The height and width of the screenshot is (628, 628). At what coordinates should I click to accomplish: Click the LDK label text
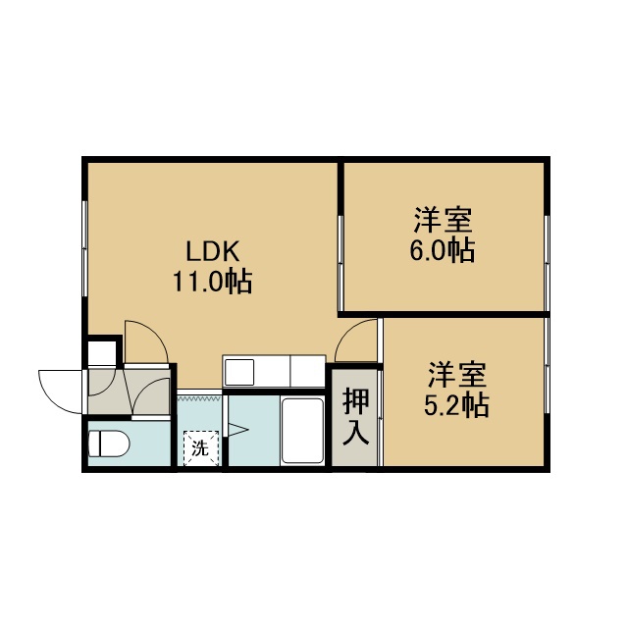(x=213, y=251)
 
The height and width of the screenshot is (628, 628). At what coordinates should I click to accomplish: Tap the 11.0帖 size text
(x=212, y=282)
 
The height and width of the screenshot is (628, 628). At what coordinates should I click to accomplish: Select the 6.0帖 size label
(x=443, y=251)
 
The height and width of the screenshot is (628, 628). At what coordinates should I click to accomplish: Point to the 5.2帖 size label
(x=456, y=405)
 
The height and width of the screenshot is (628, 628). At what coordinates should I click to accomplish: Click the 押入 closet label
(x=355, y=416)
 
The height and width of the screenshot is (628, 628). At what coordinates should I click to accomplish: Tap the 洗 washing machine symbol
(x=200, y=448)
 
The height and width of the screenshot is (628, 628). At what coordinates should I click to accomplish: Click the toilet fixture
(x=109, y=444)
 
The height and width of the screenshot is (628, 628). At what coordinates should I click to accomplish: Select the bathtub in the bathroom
(x=302, y=431)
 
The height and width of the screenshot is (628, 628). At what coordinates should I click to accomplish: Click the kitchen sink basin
(x=239, y=373)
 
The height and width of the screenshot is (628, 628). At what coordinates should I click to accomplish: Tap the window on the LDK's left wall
(x=84, y=248)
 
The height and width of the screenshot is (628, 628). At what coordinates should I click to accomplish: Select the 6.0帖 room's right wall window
(x=548, y=263)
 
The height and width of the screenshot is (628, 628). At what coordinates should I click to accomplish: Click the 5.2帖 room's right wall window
(x=548, y=365)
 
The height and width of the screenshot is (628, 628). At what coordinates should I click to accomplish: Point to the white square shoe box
(x=102, y=352)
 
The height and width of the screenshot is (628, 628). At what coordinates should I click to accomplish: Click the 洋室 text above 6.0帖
(x=443, y=220)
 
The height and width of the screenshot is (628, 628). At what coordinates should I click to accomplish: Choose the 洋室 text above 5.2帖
(x=457, y=375)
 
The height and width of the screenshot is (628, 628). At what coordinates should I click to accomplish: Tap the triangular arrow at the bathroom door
(x=237, y=430)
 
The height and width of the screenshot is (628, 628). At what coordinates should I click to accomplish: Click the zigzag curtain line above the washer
(x=199, y=398)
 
